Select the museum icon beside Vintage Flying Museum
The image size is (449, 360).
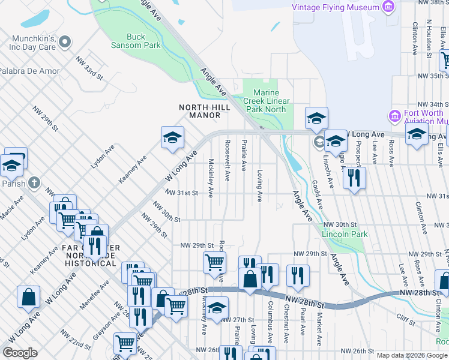(x=389, y=7)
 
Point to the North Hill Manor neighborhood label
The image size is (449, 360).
(x=201, y=111)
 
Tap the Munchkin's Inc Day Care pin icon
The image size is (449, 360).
(x=65, y=42)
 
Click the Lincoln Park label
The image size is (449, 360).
(x=344, y=233)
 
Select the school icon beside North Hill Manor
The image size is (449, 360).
(x=172, y=139)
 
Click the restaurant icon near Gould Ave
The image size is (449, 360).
(x=354, y=177)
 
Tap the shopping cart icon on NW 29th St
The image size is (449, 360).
(x=214, y=262)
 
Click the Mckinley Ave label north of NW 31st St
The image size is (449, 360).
(x=210, y=178)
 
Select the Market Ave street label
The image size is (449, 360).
(x=319, y=324)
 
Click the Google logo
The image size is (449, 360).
(x=20, y=353)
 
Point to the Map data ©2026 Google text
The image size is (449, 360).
(x=411, y=355)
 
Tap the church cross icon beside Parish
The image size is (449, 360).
(x=35, y=182)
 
